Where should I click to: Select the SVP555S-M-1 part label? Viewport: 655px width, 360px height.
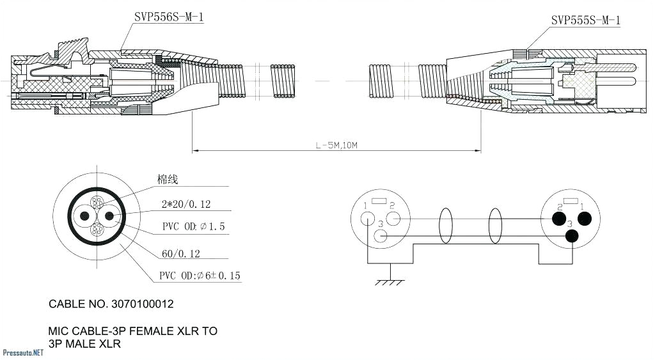click(585, 20)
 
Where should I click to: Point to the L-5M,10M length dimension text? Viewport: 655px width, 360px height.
click(336, 146)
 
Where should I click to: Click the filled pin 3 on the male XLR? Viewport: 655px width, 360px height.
click(572, 236)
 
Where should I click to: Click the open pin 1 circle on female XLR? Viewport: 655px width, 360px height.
click(367, 219)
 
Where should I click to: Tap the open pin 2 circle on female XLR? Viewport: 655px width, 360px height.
click(393, 219)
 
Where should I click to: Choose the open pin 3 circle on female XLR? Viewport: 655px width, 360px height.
click(381, 236)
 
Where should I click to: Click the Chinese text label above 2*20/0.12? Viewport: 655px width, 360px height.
click(168, 180)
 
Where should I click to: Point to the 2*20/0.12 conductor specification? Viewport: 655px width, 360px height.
click(186, 205)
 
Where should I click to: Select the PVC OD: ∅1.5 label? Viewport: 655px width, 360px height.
click(193, 227)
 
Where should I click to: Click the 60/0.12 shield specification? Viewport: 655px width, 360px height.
click(180, 254)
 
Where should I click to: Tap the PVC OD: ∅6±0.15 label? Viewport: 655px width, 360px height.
click(200, 276)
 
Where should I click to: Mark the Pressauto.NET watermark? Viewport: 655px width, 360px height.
click(23, 352)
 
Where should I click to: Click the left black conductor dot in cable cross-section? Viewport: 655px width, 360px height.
click(83, 216)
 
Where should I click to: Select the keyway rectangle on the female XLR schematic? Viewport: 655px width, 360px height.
click(379, 201)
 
